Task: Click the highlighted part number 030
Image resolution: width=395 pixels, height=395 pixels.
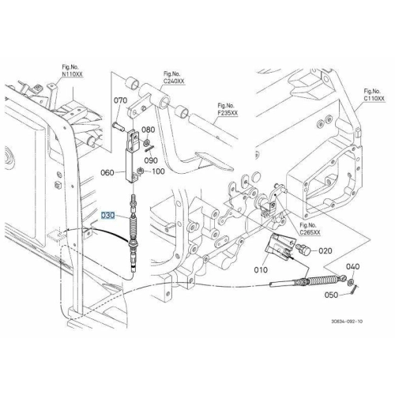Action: pyautogui.click(x=108, y=216)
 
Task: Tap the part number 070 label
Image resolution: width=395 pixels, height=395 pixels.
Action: pyautogui.click(x=120, y=100)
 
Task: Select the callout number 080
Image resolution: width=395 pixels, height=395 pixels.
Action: pyautogui.click(x=149, y=130)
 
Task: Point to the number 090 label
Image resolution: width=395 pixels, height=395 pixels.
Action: pyautogui.click(x=151, y=160)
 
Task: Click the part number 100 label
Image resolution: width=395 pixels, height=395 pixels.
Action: pyautogui.click(x=158, y=171)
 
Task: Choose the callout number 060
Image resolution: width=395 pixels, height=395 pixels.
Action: pyautogui.click(x=107, y=173)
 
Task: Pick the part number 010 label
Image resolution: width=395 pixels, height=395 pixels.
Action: pyautogui.click(x=261, y=269)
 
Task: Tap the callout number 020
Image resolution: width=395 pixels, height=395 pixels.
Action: pyautogui.click(x=325, y=250)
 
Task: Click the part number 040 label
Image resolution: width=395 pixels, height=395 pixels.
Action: pyautogui.click(x=352, y=266)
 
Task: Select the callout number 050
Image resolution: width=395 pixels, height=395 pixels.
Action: pyautogui.click(x=331, y=295)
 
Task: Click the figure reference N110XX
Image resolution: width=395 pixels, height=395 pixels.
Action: pyautogui.click(x=72, y=74)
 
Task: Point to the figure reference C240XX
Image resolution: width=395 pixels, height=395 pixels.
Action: pyautogui.click(x=174, y=81)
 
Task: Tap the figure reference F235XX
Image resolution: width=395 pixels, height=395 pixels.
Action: pyautogui.click(x=228, y=113)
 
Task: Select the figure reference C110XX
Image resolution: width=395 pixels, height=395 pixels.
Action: pyautogui.click(x=374, y=99)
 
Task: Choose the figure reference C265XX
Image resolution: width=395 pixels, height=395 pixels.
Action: pyautogui.click(x=310, y=232)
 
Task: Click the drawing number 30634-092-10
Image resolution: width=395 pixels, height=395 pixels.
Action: pyautogui.click(x=347, y=322)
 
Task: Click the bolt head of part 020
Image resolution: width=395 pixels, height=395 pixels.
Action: pyautogui.click(x=307, y=250)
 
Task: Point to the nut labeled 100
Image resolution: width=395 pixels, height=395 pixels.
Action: pyautogui.click(x=141, y=171)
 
